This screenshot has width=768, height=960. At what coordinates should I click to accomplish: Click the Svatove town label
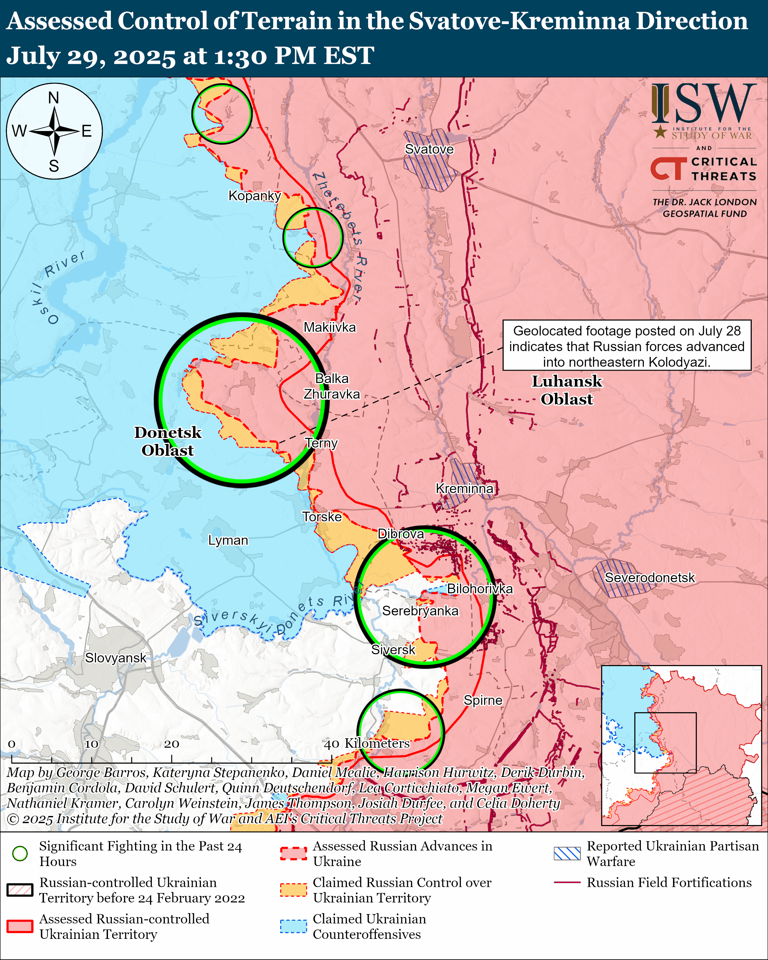tap(429, 149)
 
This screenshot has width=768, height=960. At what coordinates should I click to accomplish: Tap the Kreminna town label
tap(464, 489)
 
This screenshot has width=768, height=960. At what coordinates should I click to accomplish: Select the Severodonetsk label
tap(649, 577)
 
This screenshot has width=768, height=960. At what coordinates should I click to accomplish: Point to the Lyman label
tap(228, 540)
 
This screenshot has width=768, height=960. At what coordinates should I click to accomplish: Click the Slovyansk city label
tap(115, 658)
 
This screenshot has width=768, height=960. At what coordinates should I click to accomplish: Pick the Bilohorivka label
tap(480, 589)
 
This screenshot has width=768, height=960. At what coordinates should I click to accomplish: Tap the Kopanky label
tap(254, 195)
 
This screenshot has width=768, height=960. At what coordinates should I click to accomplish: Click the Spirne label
tap(483, 700)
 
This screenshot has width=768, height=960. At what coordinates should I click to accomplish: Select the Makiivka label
tap(329, 327)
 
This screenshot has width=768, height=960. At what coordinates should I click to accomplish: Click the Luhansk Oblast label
tap(567, 390)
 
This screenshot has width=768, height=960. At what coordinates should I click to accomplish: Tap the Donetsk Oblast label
tap(168, 441)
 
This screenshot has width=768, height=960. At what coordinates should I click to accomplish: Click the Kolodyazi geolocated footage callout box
tap(627, 346)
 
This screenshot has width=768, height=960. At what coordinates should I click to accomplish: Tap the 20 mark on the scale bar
tap(171, 744)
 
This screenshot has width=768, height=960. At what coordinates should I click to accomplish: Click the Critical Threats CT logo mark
tap(668, 169)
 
